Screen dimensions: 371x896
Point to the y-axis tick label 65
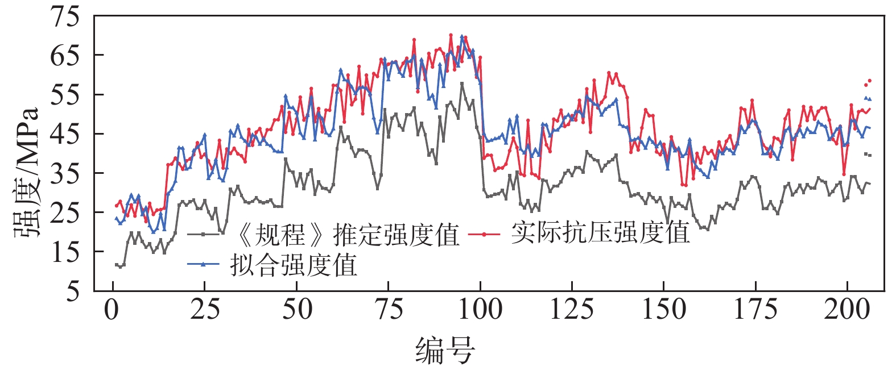coord(65,55)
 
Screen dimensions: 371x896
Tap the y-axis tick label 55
coord(65,94)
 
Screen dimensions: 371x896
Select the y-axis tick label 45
coord(65,134)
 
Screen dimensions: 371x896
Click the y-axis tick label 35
coord(65,173)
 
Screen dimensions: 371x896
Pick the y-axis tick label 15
coord(65,252)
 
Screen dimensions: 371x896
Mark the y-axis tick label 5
coord(73,291)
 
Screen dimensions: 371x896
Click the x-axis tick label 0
coord(113,310)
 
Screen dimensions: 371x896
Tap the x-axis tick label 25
coord(205,310)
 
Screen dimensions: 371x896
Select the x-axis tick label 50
coord(297,310)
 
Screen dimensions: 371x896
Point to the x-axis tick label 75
coord(389,310)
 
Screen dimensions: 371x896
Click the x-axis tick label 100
coord(481,310)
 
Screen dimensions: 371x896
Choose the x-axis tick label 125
coord(572,310)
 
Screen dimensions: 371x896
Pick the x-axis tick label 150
coord(664,310)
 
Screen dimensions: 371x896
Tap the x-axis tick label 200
coord(848,310)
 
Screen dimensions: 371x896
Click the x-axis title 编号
coord(445,349)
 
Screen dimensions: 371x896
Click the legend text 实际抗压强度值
coord(601,232)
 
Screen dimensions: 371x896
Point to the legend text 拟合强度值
coord(294,265)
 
